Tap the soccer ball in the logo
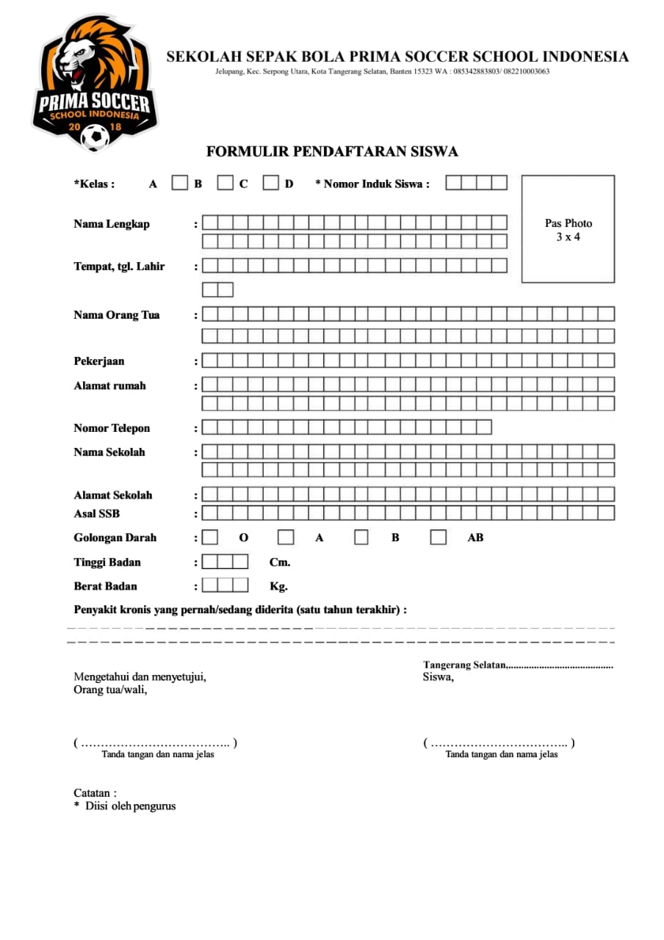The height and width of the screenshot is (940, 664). (95, 136)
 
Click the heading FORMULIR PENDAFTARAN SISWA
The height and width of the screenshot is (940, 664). (332, 152)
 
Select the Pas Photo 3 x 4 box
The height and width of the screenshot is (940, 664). (568, 229)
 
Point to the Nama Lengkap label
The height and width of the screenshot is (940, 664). (112, 224)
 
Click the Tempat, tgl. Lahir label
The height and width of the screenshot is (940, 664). (119, 267)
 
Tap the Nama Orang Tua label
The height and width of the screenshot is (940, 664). (117, 315)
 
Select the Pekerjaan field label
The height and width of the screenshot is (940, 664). (99, 361)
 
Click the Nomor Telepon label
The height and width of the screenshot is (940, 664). (112, 428)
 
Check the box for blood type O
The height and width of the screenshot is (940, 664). (210, 538)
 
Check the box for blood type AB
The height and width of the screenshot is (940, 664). (439, 538)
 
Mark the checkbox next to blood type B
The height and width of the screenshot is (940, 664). (361, 538)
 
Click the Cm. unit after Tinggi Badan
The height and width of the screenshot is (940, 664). (280, 563)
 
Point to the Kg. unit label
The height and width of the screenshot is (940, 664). (279, 587)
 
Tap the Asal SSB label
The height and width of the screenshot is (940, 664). (97, 514)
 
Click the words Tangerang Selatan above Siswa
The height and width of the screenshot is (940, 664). (464, 665)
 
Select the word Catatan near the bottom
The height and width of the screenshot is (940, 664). (93, 793)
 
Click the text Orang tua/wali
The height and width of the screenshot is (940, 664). (110, 690)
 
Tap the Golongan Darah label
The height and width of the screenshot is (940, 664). (115, 538)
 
